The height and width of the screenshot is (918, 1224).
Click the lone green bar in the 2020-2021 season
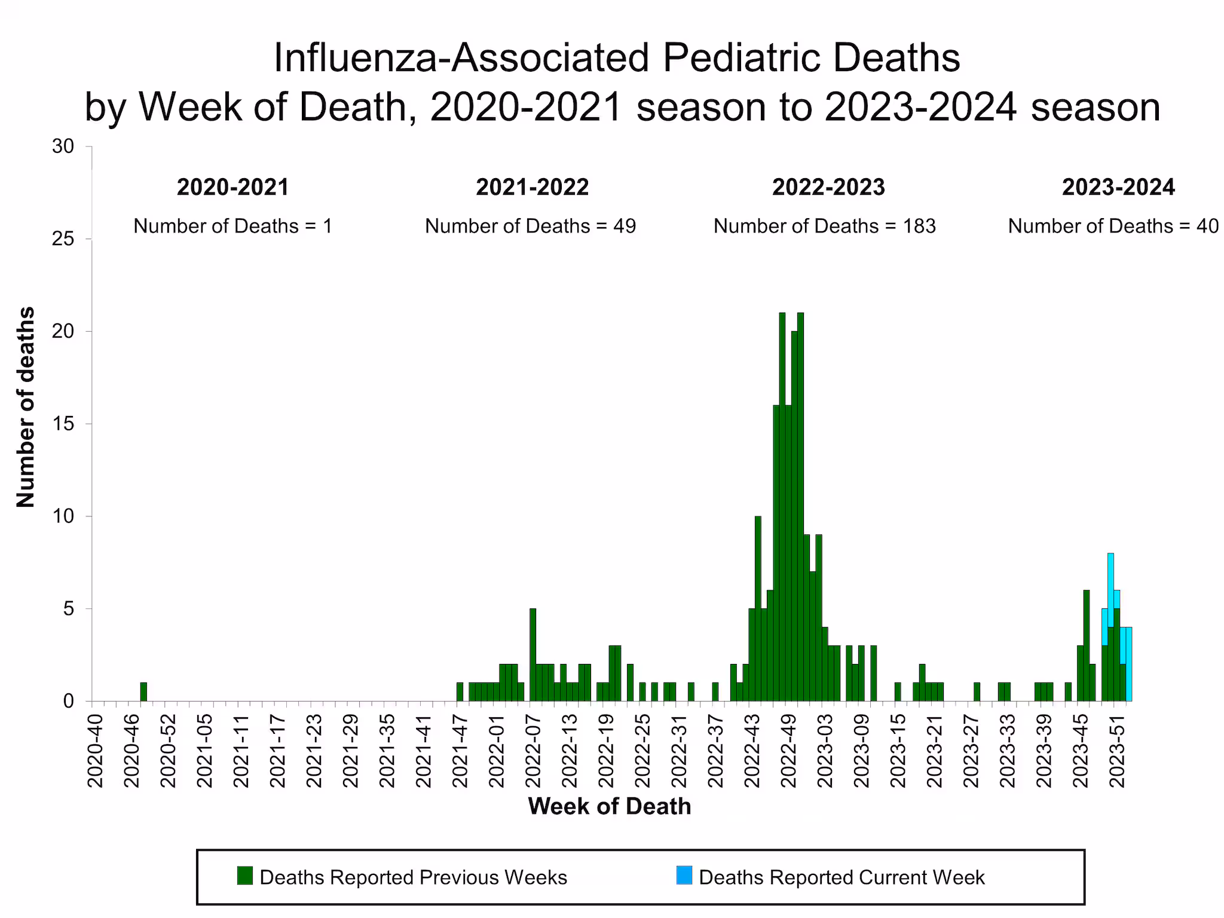click(143, 691)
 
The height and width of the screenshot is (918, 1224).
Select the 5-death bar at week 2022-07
click(533, 655)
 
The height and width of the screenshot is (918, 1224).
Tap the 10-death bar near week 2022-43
click(758, 608)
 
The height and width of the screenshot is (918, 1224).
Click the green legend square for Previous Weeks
click(244, 876)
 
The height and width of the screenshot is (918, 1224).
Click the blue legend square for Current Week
click(684, 876)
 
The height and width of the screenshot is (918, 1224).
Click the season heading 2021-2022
click(532, 188)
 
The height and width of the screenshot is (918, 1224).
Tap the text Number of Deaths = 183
click(824, 226)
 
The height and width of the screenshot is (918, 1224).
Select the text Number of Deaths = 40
click(1113, 226)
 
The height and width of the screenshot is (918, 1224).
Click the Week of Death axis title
click(609, 806)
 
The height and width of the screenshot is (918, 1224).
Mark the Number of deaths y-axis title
click(26, 407)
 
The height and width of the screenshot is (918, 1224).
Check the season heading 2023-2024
click(1118, 188)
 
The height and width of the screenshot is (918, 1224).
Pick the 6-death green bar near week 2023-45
click(1087, 645)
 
